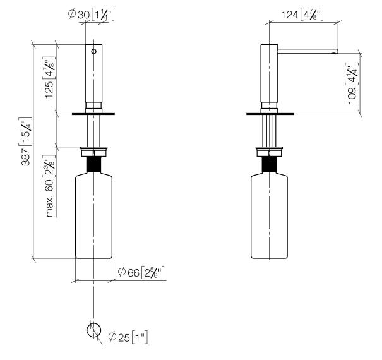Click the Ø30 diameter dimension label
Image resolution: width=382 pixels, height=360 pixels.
pos(91,15)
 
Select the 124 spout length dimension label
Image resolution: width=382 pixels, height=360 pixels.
pos(302,15)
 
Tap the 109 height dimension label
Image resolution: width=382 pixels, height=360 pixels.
pos(352,83)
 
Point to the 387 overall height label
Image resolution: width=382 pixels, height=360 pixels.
pos(26,141)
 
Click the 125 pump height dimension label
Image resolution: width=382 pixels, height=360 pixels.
pos(49,78)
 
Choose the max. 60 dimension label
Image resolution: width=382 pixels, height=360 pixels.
pos(50,186)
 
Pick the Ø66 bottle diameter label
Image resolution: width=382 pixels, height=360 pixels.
pos(141,272)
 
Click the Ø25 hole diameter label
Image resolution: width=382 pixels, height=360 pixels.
pos(128,337)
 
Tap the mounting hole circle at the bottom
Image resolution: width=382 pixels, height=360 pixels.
pos(93,330)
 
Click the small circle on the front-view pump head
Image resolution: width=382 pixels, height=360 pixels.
pos(94,51)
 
